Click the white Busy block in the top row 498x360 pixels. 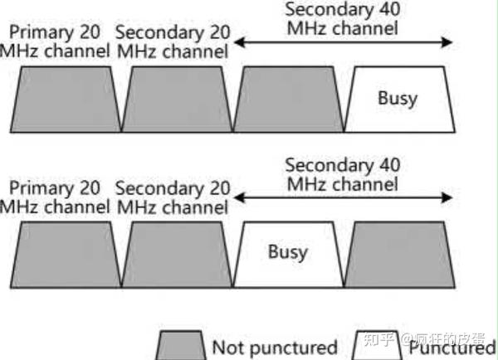[398, 100]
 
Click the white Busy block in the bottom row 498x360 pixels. [287, 253]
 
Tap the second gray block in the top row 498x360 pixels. [175, 100]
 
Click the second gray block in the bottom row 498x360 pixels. [175, 253]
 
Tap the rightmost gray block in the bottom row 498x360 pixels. [398, 253]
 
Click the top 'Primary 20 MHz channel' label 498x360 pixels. [56, 41]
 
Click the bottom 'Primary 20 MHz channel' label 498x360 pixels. [56, 197]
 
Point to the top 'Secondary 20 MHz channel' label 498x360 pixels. [172, 41]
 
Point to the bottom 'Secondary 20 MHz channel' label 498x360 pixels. [172, 197]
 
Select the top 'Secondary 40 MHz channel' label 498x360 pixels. [341, 18]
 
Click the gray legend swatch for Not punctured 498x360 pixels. [181, 345]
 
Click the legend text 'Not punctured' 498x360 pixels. [274, 347]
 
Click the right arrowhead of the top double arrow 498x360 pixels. [449, 41]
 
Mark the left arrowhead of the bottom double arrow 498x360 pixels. [239, 197]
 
